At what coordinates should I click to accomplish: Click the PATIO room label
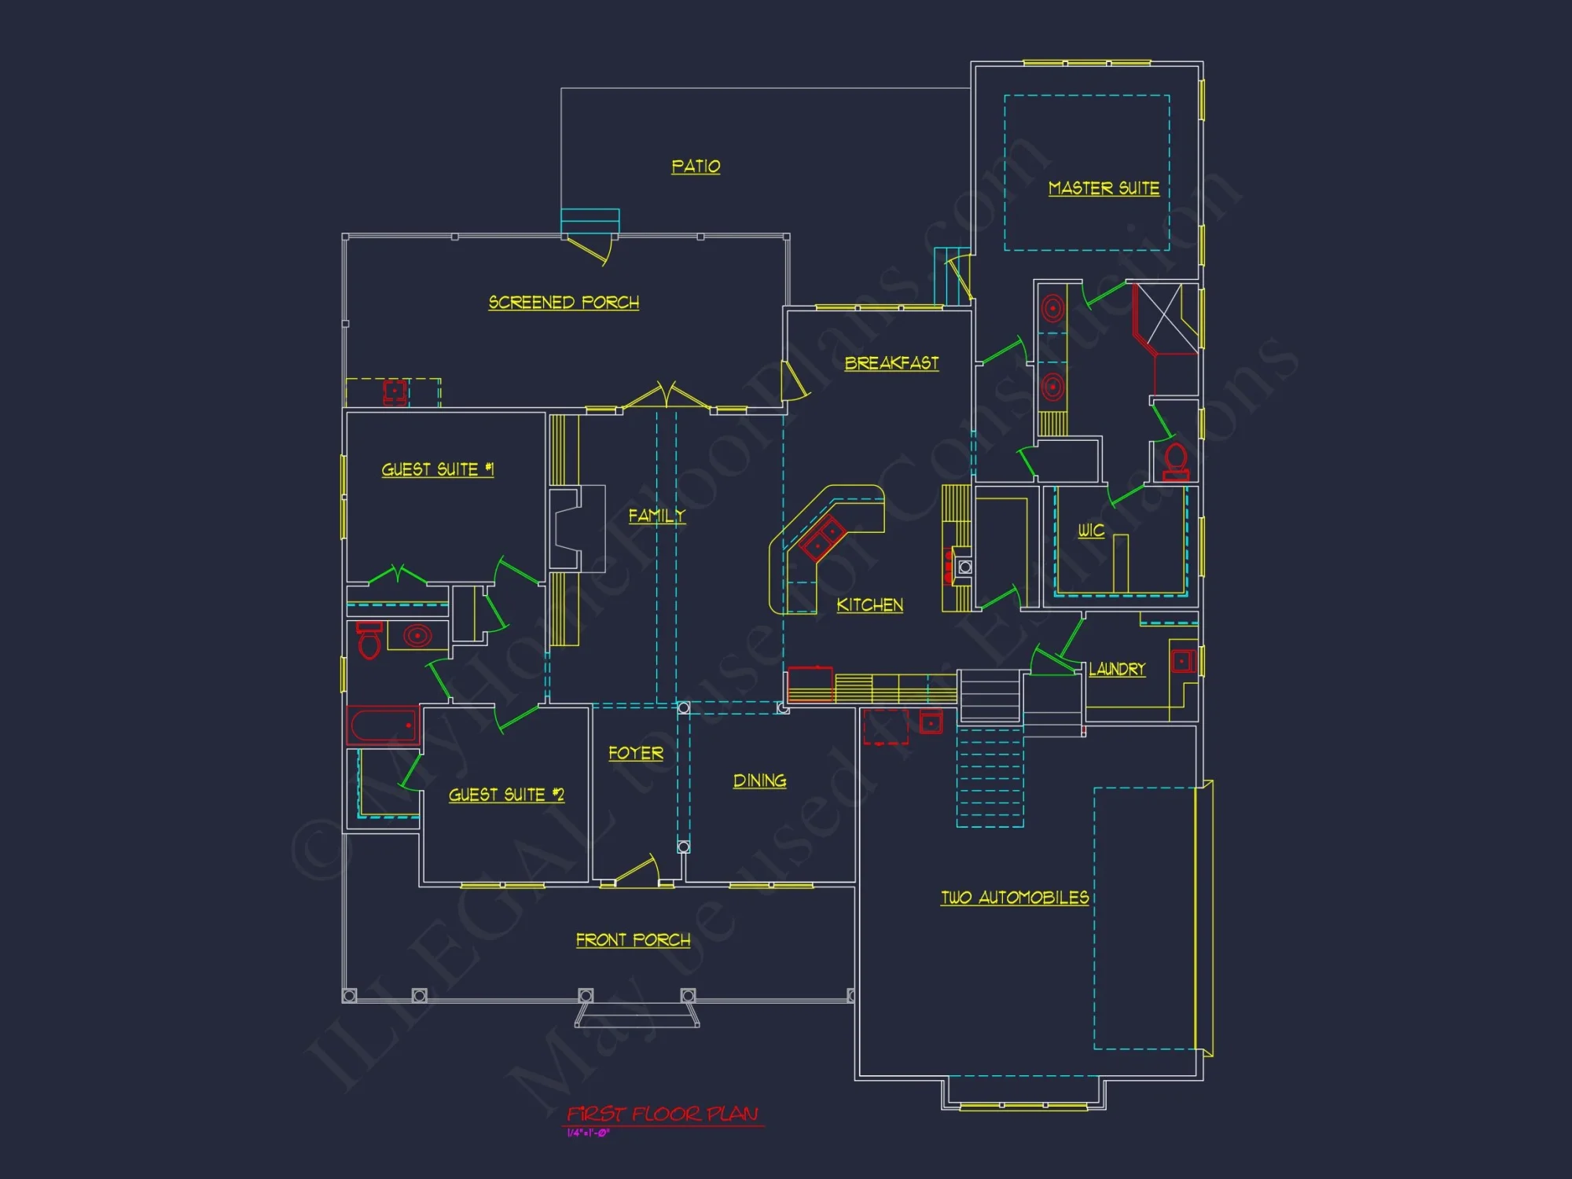tap(696, 167)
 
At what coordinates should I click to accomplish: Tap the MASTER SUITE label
tap(1104, 189)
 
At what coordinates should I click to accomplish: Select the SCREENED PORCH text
tap(564, 303)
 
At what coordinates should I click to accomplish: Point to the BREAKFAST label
tap(891, 363)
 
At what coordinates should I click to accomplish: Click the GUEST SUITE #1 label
tap(437, 470)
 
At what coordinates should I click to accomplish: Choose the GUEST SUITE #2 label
tap(506, 795)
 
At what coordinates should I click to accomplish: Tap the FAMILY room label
tap(656, 516)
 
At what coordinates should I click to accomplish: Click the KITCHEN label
tap(869, 605)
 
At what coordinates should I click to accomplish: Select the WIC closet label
tap(1091, 531)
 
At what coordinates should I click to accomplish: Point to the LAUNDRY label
tap(1117, 670)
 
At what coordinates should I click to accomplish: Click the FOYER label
tap(636, 753)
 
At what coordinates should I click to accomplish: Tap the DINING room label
tap(759, 780)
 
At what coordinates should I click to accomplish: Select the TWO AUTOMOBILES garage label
tap(1015, 898)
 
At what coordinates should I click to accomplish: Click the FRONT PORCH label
tap(633, 940)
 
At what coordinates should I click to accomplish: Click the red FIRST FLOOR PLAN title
tap(663, 1114)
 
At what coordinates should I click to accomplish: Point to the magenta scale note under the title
tap(588, 1133)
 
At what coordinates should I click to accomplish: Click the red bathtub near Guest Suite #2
tap(384, 725)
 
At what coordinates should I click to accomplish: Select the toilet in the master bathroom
tap(1176, 461)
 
